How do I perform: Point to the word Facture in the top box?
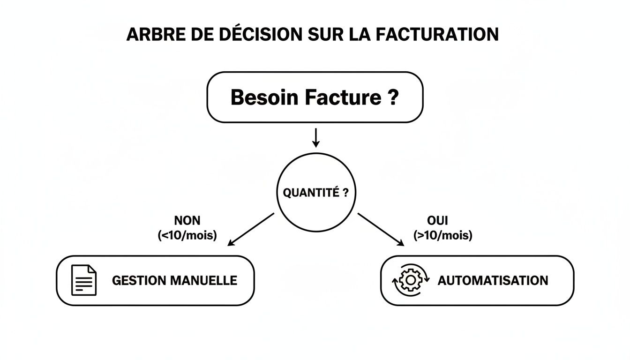pyautogui.click(x=343, y=97)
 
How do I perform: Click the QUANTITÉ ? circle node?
pyautogui.click(x=316, y=193)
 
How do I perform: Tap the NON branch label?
pyautogui.click(x=187, y=220)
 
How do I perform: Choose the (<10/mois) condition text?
pyautogui.click(x=187, y=235)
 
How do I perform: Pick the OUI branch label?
pyautogui.click(x=438, y=220)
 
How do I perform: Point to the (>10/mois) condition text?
pyautogui.click(x=442, y=235)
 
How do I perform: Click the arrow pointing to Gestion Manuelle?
pyautogui.click(x=250, y=229)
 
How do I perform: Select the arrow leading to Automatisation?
pyautogui.click(x=381, y=229)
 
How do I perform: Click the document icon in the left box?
pyautogui.click(x=83, y=280)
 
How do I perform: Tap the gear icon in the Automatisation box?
pyautogui.click(x=410, y=280)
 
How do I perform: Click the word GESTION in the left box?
pyautogui.click(x=139, y=281)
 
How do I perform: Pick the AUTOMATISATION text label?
pyautogui.click(x=492, y=281)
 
